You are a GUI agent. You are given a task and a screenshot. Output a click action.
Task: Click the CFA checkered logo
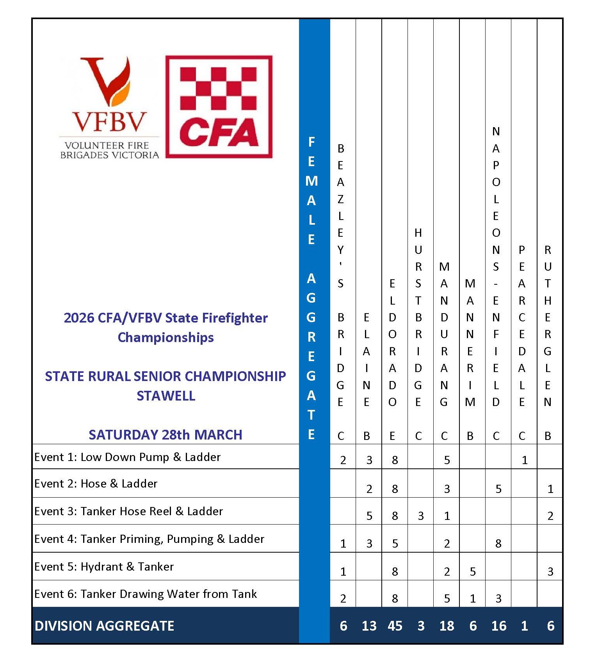219,106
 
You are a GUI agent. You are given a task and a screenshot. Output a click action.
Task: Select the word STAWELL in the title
166,395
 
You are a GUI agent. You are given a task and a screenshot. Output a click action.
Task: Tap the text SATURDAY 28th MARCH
166,434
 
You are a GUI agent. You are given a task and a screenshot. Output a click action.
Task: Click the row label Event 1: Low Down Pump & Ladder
127,457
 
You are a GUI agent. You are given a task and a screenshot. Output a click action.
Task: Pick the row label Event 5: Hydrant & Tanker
104,566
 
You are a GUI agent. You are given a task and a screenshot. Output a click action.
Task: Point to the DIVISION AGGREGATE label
104,626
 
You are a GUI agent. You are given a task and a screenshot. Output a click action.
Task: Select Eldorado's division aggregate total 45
395,626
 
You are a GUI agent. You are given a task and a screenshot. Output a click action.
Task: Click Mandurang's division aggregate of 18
447,626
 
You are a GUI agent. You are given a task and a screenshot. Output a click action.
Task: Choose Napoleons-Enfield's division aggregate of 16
498,626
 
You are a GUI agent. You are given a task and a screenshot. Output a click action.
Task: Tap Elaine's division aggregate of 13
369,626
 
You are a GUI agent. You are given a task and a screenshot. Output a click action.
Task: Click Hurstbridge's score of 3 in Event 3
421,516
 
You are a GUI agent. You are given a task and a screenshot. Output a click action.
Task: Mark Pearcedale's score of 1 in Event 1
525,460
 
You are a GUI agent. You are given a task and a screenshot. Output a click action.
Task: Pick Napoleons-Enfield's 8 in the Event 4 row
498,543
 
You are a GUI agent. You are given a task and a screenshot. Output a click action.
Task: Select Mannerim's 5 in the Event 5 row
473,571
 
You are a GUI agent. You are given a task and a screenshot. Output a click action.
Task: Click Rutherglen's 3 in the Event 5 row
550,571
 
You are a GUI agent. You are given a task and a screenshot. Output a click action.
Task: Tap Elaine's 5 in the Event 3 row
369,516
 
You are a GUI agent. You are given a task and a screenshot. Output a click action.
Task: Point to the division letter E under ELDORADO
392,436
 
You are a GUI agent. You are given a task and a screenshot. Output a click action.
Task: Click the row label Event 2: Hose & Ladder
96,484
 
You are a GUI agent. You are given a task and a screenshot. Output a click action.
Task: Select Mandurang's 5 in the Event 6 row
447,598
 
